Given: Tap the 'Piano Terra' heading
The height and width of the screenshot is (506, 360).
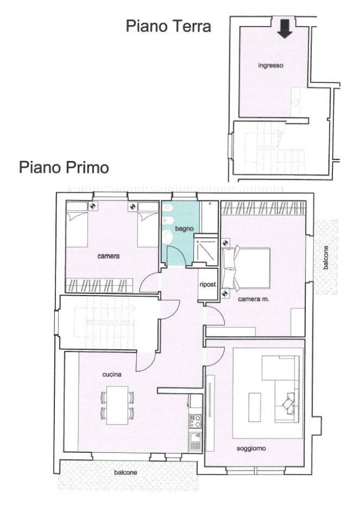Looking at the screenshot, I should (x=168, y=26).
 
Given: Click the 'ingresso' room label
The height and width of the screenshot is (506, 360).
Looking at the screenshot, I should (x=271, y=66).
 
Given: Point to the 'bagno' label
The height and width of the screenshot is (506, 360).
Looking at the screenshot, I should (x=184, y=228).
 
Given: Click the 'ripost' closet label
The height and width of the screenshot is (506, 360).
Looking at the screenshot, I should (x=207, y=285).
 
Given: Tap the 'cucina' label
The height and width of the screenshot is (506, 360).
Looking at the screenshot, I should (x=111, y=375).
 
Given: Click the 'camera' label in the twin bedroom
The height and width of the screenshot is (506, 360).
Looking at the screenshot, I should (x=109, y=256).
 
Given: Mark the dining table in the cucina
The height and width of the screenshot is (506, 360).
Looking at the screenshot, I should (x=117, y=405).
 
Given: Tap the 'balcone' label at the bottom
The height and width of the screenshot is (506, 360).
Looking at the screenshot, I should (x=126, y=473).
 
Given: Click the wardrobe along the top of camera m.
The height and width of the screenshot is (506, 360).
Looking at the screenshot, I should (x=263, y=208).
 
